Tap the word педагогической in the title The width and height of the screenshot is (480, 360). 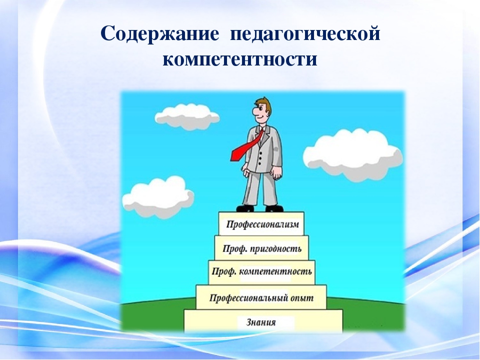pos(305,34)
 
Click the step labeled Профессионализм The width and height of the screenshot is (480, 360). pos(261,224)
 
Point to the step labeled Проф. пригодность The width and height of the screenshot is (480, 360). pos(261,248)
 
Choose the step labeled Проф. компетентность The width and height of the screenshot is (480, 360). pos(261,272)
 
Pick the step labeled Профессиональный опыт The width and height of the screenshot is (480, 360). pos(261,297)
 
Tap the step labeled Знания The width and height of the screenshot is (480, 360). pos(263,321)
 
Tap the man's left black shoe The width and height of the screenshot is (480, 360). pos(245,208)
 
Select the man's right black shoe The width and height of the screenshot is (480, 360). pos(274,208)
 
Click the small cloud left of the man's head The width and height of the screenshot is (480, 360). pos(186,116)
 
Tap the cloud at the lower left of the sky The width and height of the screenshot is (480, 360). pos(157,196)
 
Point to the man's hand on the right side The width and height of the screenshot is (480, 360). pos(276,172)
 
